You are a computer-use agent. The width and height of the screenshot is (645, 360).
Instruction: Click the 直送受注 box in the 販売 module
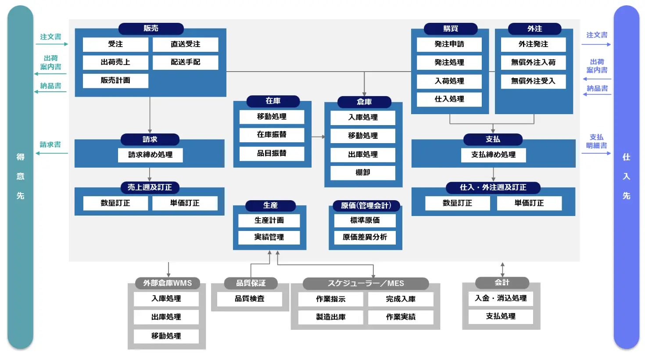pos(185,44)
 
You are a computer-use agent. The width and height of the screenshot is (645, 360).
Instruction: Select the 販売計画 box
pos(115,81)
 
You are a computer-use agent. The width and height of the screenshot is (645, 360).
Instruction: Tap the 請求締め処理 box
pos(150,155)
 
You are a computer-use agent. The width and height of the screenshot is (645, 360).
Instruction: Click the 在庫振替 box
pos(272,135)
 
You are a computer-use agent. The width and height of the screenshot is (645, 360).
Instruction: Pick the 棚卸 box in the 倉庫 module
pos(363,173)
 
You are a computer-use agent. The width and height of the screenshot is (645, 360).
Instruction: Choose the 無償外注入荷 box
pos(533,62)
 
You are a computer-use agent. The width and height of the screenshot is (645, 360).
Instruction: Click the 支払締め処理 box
pos(493,155)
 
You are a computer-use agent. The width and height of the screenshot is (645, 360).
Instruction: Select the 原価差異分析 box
pos(365,238)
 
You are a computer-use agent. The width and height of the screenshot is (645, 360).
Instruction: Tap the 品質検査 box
pos(249,299)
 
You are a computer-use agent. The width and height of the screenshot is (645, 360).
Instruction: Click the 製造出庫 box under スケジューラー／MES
pos(330,317)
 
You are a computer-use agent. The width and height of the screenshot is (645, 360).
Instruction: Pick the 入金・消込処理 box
pos(501,299)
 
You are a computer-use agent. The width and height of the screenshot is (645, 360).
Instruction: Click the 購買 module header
pos(451,29)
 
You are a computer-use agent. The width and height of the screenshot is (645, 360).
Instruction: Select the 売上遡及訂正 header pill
pos(150,187)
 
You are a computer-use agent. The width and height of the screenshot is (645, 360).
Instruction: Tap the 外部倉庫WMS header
pos(167,283)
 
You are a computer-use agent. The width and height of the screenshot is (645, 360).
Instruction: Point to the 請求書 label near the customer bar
pos(50,144)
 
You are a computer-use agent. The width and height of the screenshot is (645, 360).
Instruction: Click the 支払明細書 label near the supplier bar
pos(596,141)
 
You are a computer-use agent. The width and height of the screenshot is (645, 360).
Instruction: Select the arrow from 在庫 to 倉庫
pos(318,137)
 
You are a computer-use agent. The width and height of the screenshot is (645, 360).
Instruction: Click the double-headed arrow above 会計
pos(502,270)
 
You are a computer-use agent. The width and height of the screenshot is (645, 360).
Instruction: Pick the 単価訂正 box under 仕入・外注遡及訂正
pos(529,203)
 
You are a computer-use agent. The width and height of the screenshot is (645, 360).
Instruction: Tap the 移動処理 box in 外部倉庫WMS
pos(166,336)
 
